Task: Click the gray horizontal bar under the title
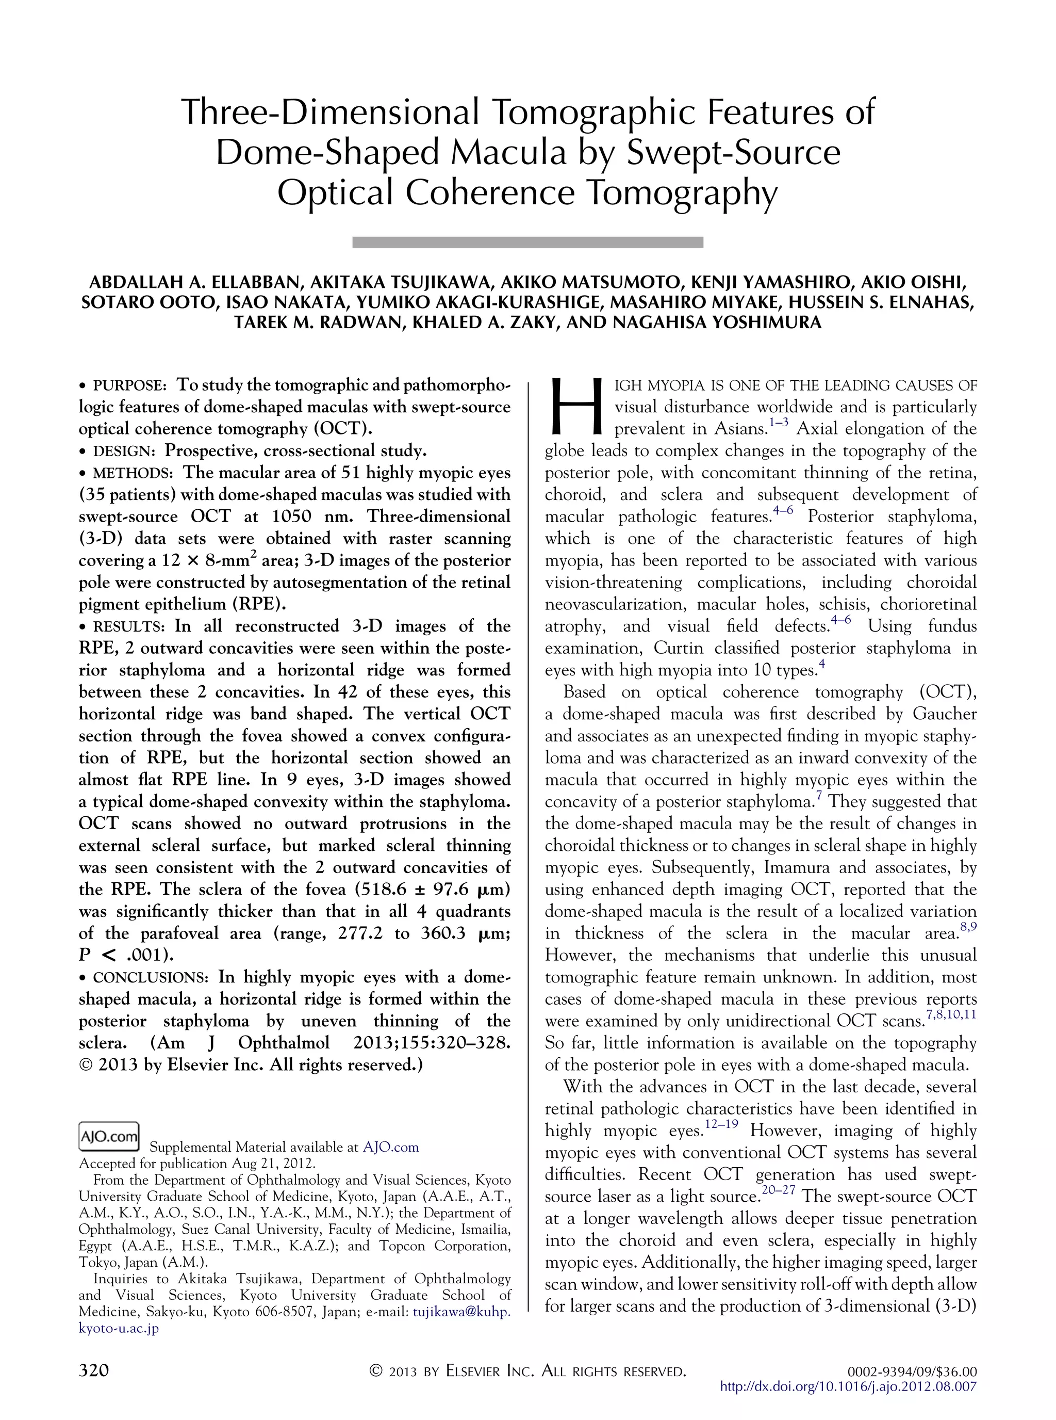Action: pos(527,242)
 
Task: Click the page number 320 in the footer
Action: pos(94,1370)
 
